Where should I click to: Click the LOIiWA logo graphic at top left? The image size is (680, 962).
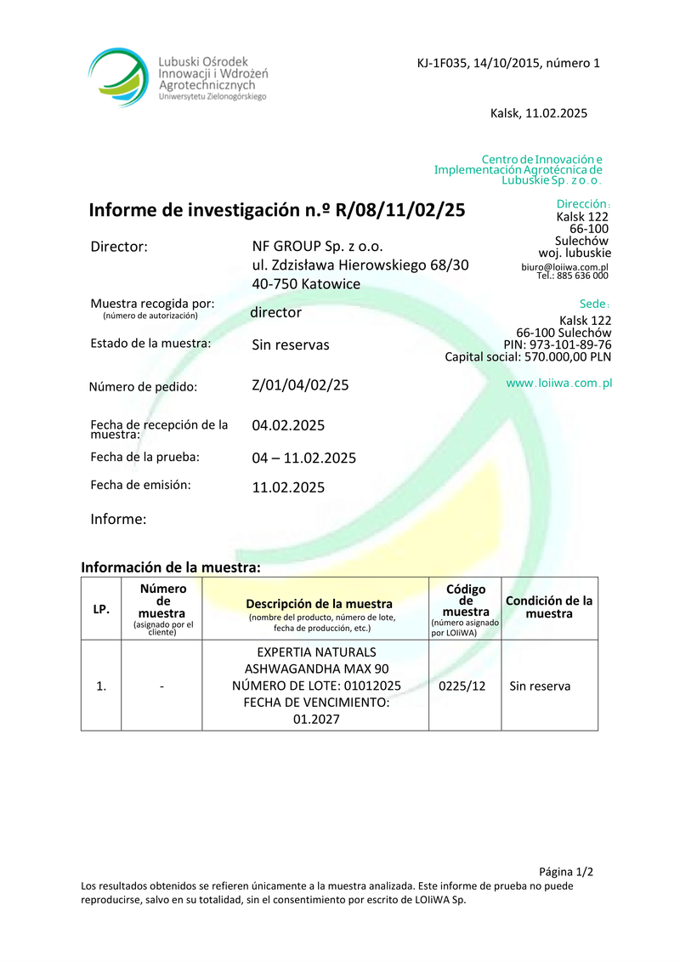pyautogui.click(x=122, y=77)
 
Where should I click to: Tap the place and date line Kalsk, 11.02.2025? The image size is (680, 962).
pyautogui.click(x=539, y=113)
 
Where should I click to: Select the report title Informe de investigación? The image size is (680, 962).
pyautogui.click(x=277, y=210)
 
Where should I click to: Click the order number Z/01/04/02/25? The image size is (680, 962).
pyautogui.click(x=300, y=384)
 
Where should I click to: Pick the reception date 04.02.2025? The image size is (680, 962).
pyautogui.click(x=288, y=424)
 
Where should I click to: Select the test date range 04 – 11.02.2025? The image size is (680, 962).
pyautogui.click(x=303, y=458)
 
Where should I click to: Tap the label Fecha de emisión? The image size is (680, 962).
pyautogui.click(x=140, y=485)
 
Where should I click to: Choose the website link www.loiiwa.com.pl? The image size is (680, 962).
pyautogui.click(x=559, y=384)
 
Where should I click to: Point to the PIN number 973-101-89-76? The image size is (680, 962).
pyautogui.click(x=570, y=344)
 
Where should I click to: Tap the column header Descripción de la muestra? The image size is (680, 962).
pyautogui.click(x=319, y=604)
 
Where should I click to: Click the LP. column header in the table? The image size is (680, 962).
pyautogui.click(x=100, y=610)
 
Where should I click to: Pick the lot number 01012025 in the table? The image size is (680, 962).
pyautogui.click(x=369, y=686)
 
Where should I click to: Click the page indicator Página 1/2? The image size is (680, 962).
pyautogui.click(x=566, y=872)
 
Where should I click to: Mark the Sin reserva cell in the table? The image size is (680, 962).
pyautogui.click(x=540, y=686)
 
